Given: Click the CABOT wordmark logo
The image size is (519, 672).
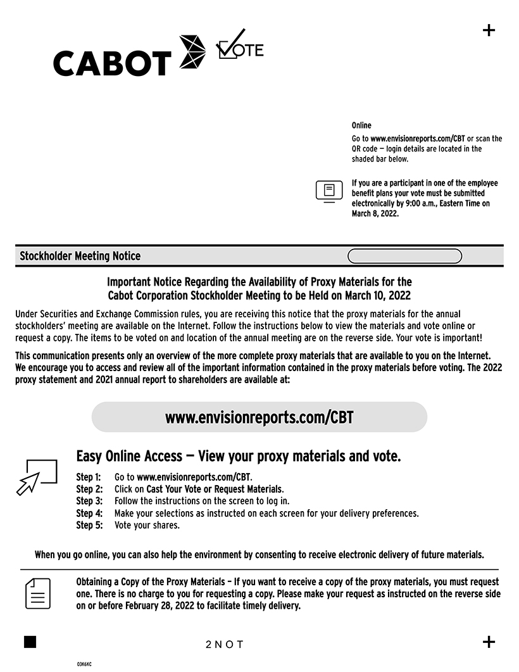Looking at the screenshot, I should (113, 63).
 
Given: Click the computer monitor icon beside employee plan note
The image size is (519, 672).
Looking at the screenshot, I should (328, 191).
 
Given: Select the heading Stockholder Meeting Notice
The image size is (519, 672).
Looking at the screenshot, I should (80, 257).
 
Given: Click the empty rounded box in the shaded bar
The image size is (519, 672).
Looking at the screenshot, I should (404, 257).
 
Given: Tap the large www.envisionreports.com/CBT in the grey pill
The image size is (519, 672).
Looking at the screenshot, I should (259, 417).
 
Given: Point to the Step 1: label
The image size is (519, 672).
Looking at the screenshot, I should (89, 477).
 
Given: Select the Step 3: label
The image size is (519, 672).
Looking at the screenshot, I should (89, 501).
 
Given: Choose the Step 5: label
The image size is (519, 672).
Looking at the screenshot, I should (89, 525).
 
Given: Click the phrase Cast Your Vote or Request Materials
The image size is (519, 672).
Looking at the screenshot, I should (215, 489).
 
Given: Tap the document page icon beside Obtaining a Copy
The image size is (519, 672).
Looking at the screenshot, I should (38, 593).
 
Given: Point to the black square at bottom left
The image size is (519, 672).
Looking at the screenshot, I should (30, 642).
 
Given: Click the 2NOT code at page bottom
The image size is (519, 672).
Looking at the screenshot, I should (225, 645).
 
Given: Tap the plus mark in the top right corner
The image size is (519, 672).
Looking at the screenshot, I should (489, 30).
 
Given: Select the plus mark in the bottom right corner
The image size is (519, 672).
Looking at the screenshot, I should (489, 642).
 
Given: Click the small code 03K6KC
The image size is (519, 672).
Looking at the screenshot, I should (84, 664).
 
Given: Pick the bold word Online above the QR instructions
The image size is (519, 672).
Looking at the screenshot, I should (361, 125).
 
